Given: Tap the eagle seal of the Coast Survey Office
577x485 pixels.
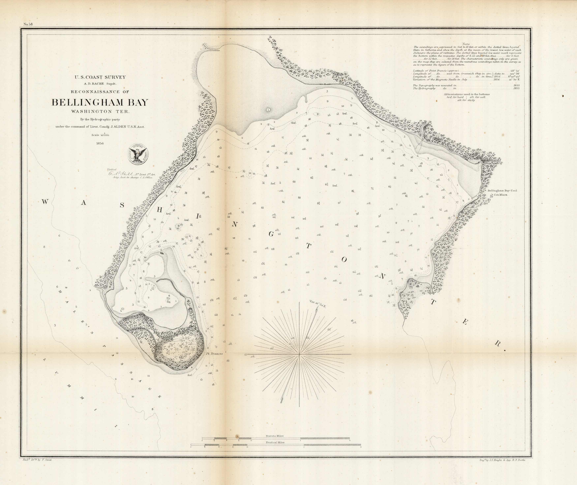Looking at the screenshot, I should tap(137, 155).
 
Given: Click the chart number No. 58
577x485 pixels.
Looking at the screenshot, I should tap(28, 24).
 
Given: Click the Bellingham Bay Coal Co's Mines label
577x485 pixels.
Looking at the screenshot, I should tap(498, 193).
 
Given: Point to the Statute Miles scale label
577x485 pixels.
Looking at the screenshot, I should tap(274, 436).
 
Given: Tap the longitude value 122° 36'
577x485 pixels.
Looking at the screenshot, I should tap(515, 74).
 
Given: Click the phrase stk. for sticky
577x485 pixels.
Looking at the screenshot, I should tap(466, 100).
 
